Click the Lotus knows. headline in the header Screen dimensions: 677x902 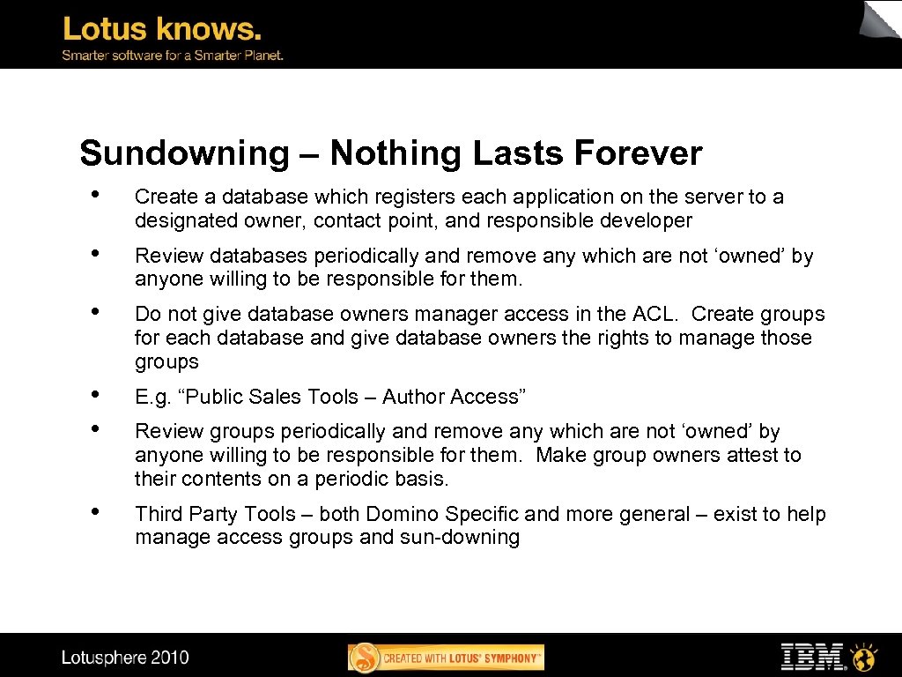162,30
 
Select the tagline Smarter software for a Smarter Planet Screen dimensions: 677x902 172,55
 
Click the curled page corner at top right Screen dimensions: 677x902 880,19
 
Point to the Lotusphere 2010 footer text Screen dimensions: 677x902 125,657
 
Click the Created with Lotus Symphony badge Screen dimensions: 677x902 446,658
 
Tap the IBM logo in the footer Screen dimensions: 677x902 812,657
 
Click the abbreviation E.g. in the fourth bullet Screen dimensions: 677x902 154,398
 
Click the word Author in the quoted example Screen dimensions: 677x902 414,398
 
